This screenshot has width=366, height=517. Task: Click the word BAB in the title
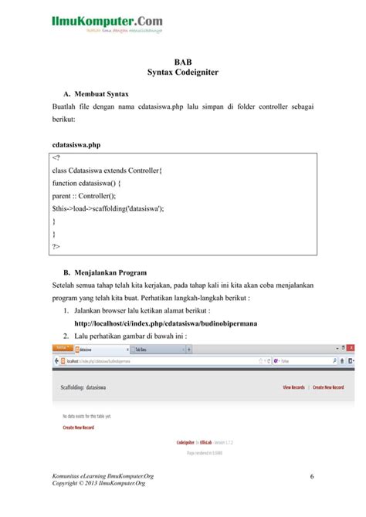tap(183, 61)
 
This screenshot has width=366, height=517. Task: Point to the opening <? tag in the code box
tap(56, 159)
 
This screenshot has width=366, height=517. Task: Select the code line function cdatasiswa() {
tap(91, 183)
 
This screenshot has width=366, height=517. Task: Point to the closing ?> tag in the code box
tap(56, 247)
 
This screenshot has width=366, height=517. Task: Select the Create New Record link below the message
tap(79, 427)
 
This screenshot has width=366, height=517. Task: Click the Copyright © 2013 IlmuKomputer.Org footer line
tap(98, 483)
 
